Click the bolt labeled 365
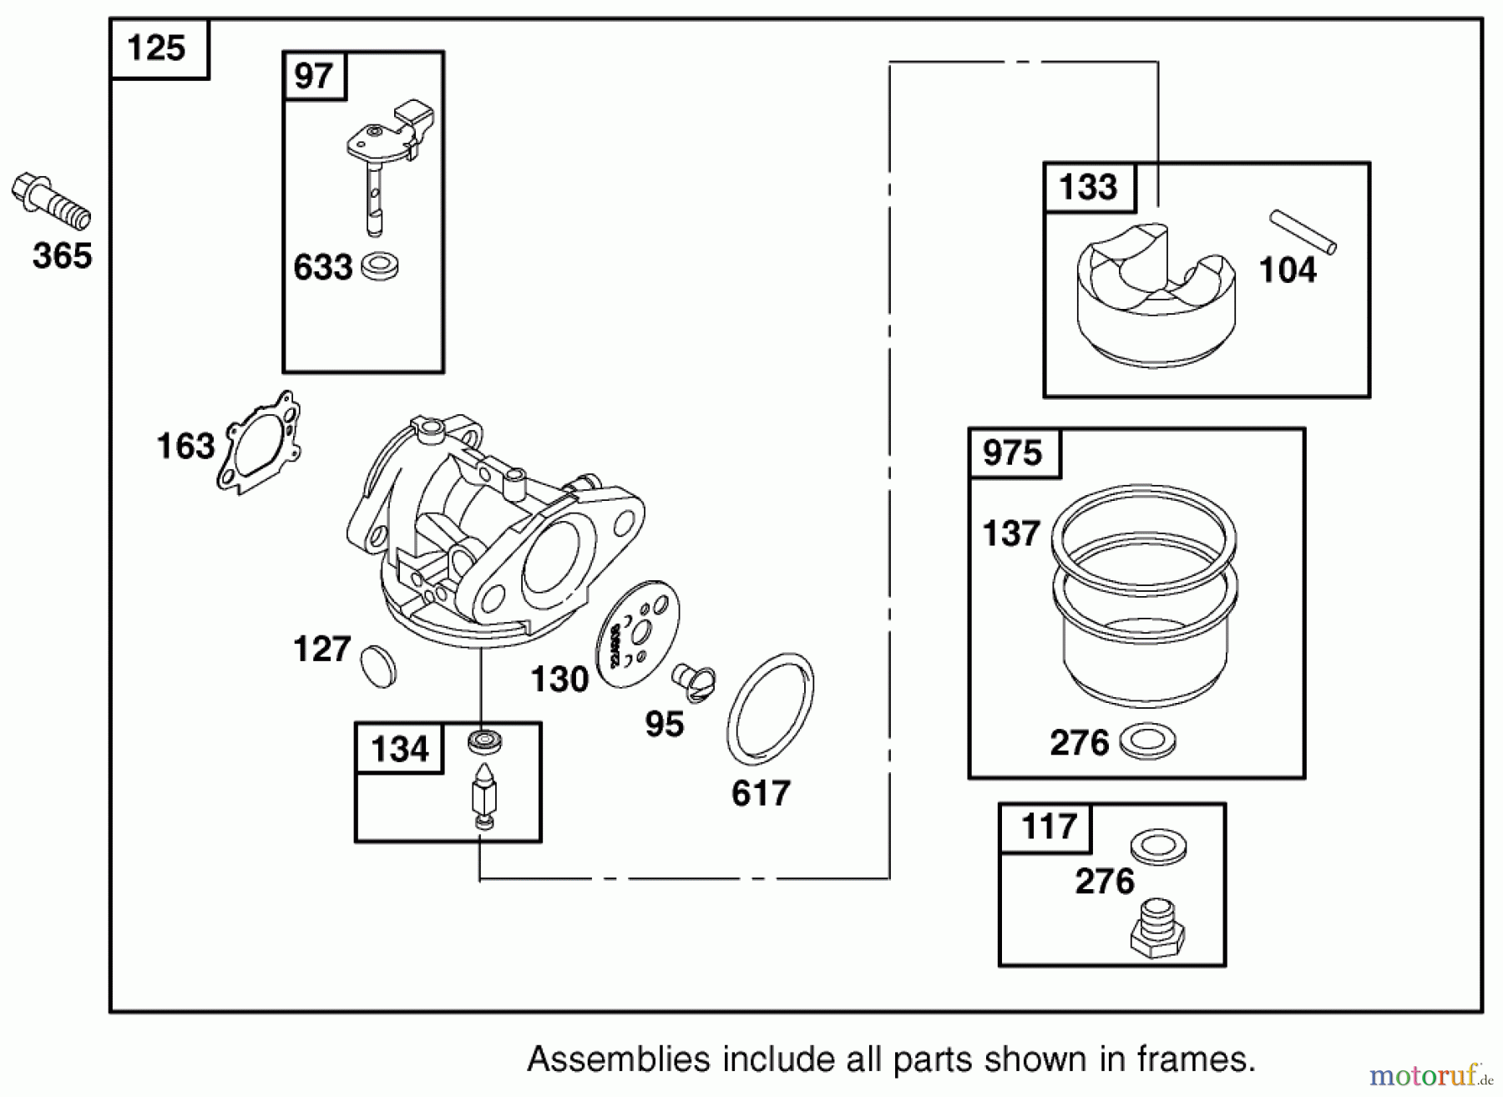[x=52, y=201]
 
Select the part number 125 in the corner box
[x=156, y=48]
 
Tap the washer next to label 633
[x=380, y=267]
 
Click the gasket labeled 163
[x=259, y=442]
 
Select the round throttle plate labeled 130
[x=639, y=634]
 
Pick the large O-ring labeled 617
[x=770, y=709]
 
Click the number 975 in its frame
[x=1013, y=453]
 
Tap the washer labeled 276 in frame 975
[x=1147, y=741]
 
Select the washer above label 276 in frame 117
[x=1159, y=847]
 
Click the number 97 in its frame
[x=314, y=77]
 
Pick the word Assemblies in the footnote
[x=620, y=1059]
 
